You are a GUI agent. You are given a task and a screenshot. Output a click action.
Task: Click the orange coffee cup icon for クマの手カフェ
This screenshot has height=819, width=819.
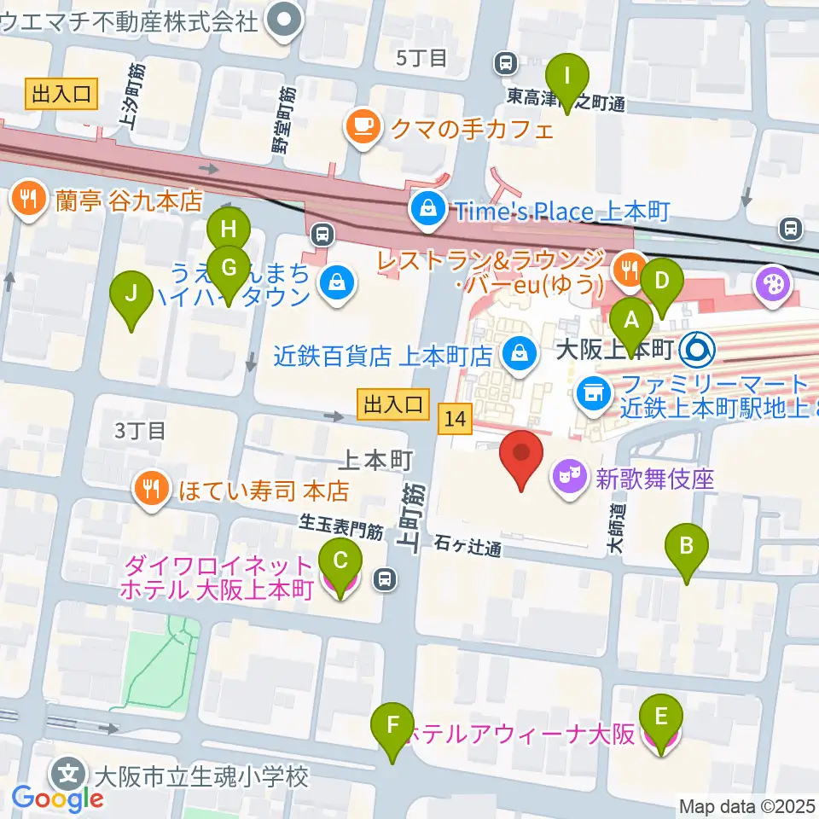coord(362,128)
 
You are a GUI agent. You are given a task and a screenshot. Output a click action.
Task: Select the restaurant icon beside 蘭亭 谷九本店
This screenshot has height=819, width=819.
coord(29,200)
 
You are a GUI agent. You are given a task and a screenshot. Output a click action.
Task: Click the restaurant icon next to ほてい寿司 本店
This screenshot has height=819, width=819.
coord(151,490)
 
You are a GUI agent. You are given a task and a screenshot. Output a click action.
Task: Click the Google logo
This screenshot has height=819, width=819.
coord(57,799)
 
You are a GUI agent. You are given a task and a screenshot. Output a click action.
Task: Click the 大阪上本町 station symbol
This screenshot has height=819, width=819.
coord(699,349)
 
